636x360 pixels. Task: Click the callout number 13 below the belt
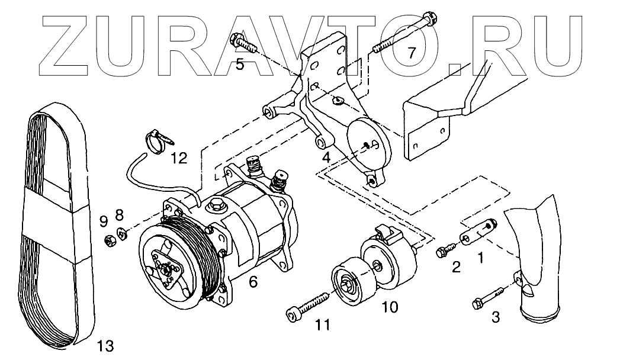pos(105,345)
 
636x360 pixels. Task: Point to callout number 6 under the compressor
pos(253,282)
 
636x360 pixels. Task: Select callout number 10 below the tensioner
pos(390,307)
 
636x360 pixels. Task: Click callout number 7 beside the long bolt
pos(412,53)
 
